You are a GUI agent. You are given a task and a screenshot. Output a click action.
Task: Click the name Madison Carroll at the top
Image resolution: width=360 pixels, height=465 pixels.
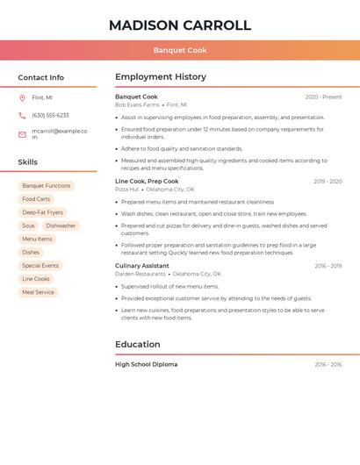tap(180, 25)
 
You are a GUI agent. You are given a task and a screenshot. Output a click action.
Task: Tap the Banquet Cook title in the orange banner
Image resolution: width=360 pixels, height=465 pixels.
tap(180, 51)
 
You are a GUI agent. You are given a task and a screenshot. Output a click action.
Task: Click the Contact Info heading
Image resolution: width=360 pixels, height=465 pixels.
tap(41, 77)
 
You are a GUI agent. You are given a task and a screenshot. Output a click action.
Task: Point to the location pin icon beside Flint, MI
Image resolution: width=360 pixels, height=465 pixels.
tap(22, 97)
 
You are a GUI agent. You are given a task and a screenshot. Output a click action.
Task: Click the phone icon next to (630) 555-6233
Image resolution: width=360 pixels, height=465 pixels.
tap(22, 115)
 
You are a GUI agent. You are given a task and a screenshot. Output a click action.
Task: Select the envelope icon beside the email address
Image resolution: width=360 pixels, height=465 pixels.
tap(22, 134)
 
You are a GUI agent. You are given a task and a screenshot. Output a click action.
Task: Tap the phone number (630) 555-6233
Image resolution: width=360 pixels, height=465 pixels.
tap(50, 115)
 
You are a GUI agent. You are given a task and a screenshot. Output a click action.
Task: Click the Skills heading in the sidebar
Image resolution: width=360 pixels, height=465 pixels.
tap(28, 162)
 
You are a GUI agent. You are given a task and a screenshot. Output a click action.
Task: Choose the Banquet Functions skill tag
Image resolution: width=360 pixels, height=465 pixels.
tap(47, 186)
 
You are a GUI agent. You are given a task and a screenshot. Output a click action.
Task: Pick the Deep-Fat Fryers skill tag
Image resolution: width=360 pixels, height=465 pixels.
tap(43, 212)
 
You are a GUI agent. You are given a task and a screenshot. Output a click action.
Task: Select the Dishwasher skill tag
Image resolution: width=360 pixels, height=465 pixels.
tap(61, 225)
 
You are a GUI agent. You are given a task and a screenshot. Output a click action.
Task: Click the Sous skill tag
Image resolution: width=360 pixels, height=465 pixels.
tap(29, 225)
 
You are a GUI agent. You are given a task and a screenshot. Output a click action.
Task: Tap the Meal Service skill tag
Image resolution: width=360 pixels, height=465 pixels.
tap(39, 292)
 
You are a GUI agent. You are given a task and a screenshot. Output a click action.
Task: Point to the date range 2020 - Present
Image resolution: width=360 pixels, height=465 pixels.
tap(323, 97)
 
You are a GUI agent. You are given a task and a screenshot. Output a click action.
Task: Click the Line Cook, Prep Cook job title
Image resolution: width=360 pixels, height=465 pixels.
tap(147, 182)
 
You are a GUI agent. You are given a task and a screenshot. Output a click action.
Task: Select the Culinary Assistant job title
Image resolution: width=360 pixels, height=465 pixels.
tap(142, 266)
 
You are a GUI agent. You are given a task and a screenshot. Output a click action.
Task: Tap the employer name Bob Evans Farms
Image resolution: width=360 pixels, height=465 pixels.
tap(137, 104)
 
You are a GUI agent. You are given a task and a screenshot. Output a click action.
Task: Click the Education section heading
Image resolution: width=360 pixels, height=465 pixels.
tap(138, 344)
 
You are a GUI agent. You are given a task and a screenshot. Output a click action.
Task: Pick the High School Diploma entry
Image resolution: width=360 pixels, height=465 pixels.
tap(146, 364)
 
